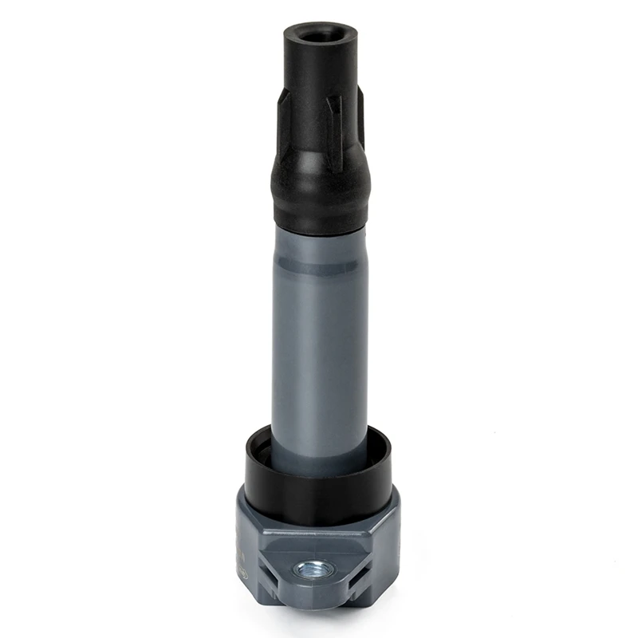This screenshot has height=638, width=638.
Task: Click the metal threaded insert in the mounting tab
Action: click(305, 569)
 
